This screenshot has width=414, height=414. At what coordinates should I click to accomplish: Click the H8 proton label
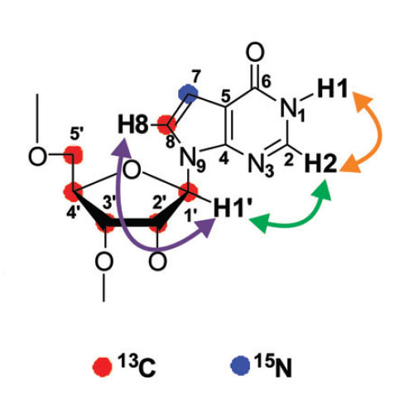coord(133,126)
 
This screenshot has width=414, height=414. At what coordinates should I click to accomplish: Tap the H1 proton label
coord(332,89)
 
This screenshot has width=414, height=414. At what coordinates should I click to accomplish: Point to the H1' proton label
coord(230,208)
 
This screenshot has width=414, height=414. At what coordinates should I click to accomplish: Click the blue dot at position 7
coord(188,94)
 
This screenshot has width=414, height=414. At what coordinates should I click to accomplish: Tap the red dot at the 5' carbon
coord(73,155)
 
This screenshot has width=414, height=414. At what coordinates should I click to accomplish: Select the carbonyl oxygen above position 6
coord(255,51)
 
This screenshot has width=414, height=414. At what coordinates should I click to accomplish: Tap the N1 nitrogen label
coord(292,109)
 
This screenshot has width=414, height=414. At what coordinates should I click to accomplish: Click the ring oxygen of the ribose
coord(132,171)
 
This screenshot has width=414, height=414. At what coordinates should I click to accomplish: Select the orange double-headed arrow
coord(366,132)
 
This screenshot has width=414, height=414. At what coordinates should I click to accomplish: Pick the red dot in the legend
coord(103,367)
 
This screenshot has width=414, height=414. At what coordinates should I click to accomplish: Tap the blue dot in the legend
coord(240,365)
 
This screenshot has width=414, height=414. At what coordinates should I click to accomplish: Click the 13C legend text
coord(137,365)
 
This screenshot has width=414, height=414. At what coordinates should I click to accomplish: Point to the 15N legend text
coord(273,365)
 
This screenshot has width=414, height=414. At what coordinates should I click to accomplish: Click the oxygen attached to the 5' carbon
coord(37,156)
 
